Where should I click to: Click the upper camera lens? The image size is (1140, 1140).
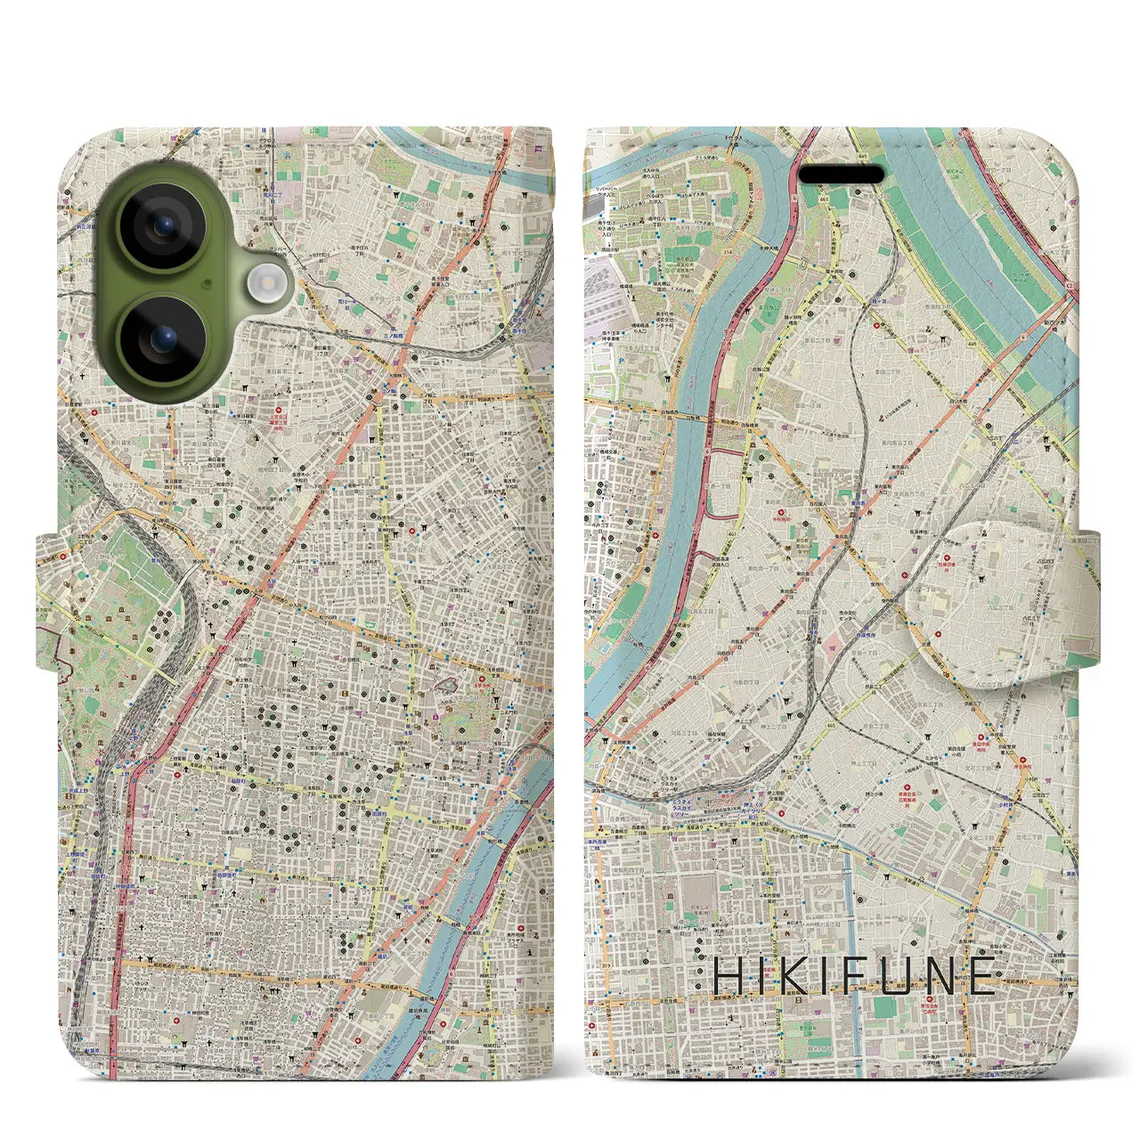coord(162,226)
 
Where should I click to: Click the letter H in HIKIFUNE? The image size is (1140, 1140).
coord(729,977)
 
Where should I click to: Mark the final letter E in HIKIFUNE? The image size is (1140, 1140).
coord(983,977)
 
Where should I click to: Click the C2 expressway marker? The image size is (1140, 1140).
coord(1068,285)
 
